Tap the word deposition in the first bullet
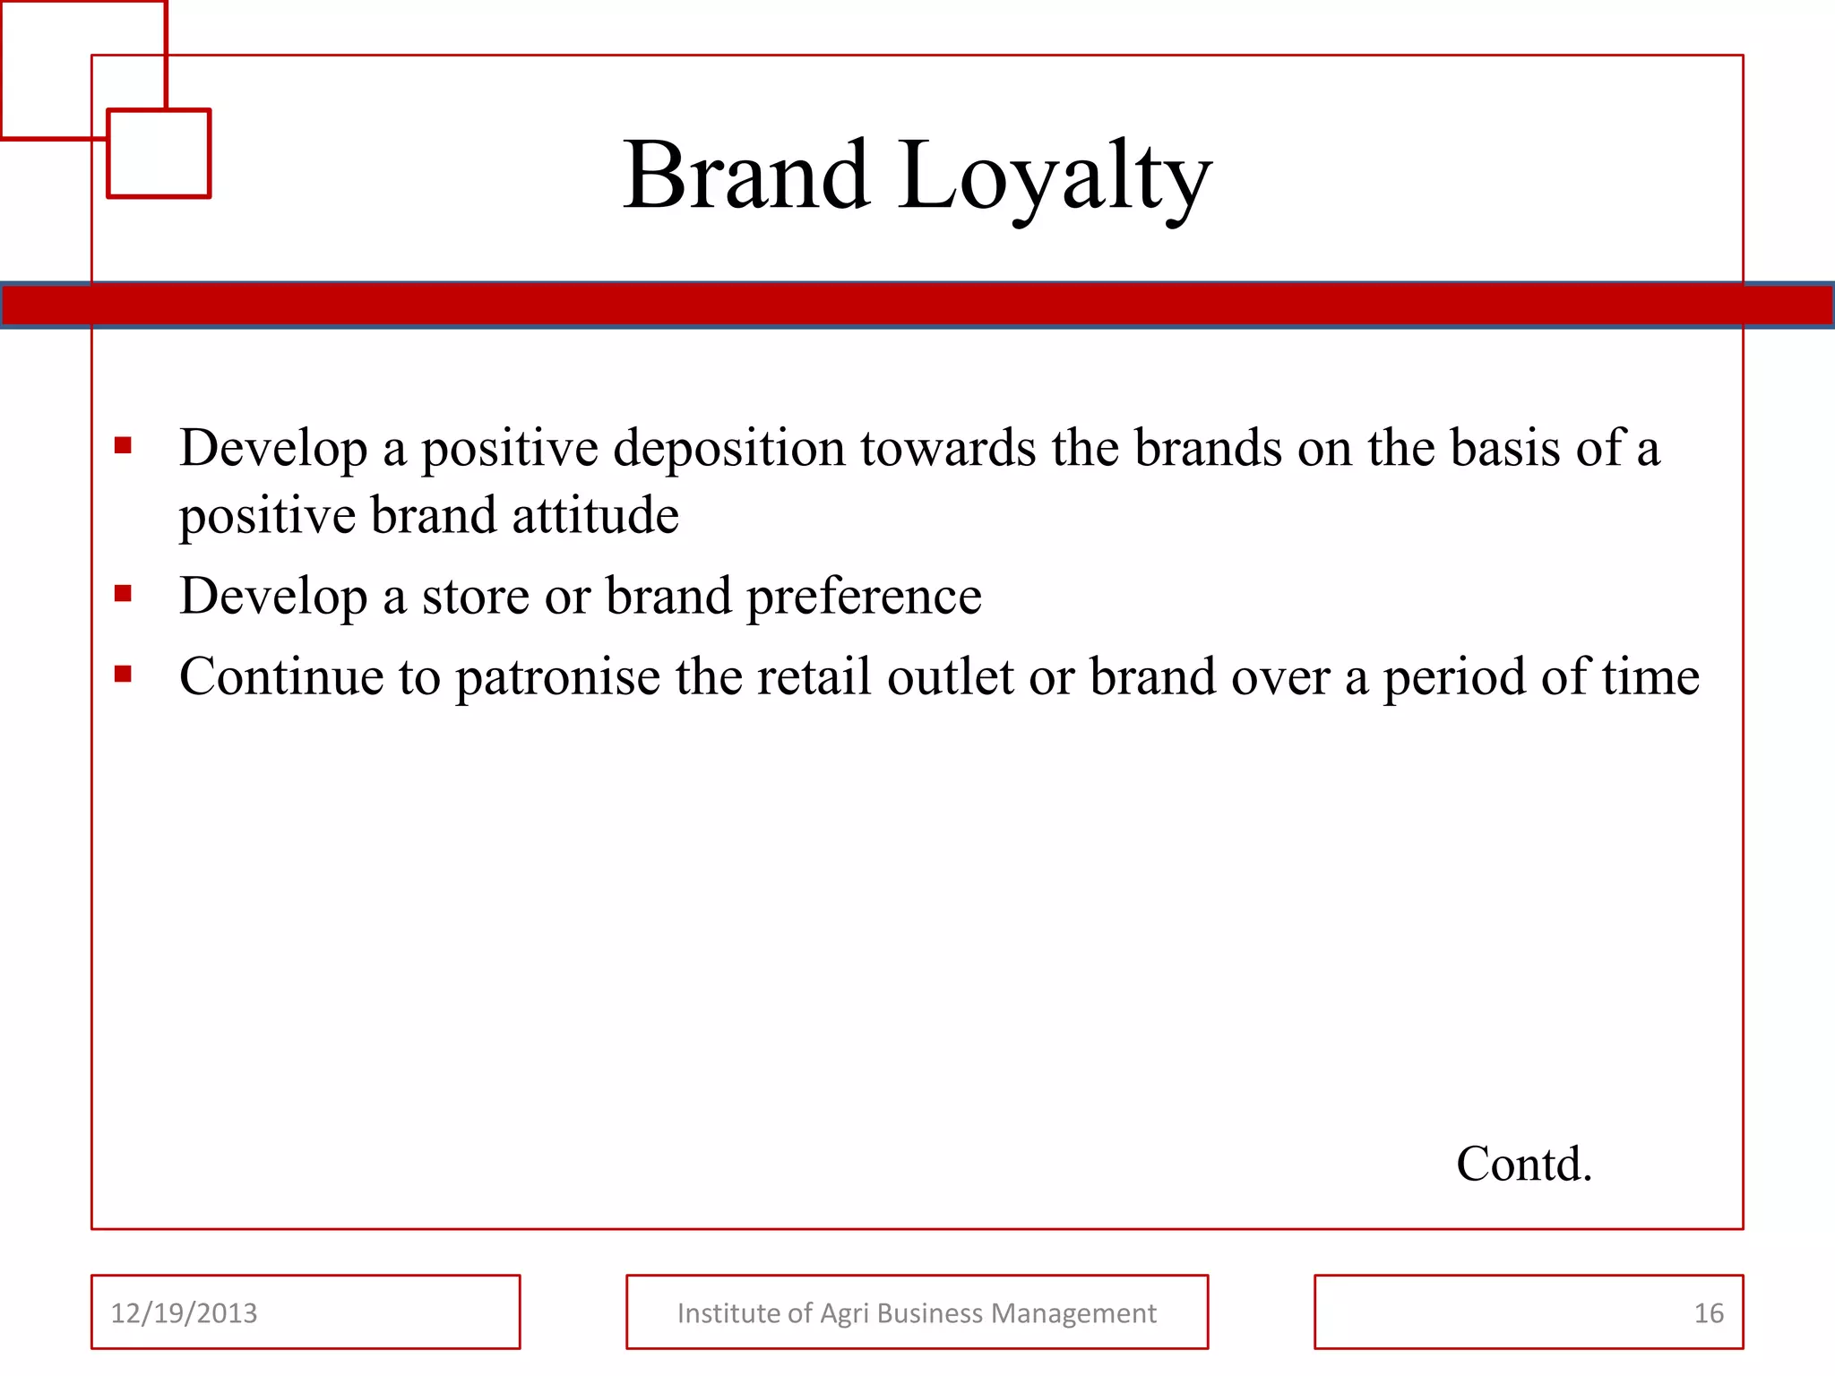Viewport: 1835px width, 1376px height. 729,447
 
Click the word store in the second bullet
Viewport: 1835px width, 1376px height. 475,596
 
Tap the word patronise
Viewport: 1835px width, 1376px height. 558,676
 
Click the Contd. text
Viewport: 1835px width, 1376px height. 1523,1164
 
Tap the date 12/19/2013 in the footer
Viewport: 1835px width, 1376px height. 184,1313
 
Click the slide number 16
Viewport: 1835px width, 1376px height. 1709,1313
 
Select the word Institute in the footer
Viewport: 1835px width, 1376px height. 728,1313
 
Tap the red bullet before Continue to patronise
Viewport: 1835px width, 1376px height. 124,674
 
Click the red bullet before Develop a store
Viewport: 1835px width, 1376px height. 124,593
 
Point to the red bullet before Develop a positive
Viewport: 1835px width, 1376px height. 124,445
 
